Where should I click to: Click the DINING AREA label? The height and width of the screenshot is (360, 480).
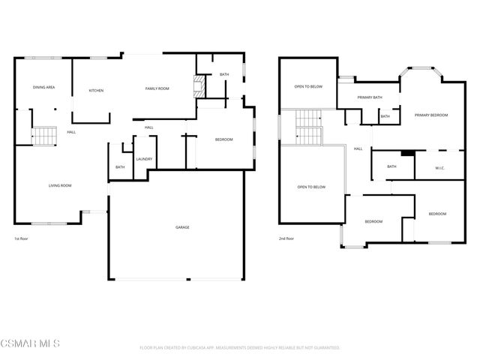pos(43,88)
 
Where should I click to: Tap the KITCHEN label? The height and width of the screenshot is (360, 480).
pos(96,91)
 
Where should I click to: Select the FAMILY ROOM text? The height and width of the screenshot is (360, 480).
pos(157,88)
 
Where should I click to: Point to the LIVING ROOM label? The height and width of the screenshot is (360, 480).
pos(60,184)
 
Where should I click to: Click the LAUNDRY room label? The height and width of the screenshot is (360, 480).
pos(144,159)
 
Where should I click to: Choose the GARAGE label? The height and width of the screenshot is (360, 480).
pos(182,227)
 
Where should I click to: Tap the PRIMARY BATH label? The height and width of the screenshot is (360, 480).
pos(370,97)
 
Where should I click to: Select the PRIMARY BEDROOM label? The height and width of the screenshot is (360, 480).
pos(431,115)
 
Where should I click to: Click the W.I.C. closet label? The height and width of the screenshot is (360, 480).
pos(439,168)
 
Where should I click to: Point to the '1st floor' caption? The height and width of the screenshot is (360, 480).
pos(22,238)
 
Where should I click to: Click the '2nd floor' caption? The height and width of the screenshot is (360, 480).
pos(286,238)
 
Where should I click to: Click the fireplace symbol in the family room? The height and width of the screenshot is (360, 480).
pos(199,85)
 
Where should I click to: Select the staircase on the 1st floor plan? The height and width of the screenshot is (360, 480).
pos(44,136)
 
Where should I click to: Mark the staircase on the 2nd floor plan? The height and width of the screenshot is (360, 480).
pos(308,128)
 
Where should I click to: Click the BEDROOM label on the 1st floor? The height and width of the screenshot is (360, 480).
pos(223,139)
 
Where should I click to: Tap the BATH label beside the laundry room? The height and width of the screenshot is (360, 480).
pos(120,167)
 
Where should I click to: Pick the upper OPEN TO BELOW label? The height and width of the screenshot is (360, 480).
pos(308,87)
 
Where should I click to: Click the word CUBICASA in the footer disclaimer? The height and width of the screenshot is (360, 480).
pos(200,348)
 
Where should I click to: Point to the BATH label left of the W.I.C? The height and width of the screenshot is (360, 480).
pos(391,166)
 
